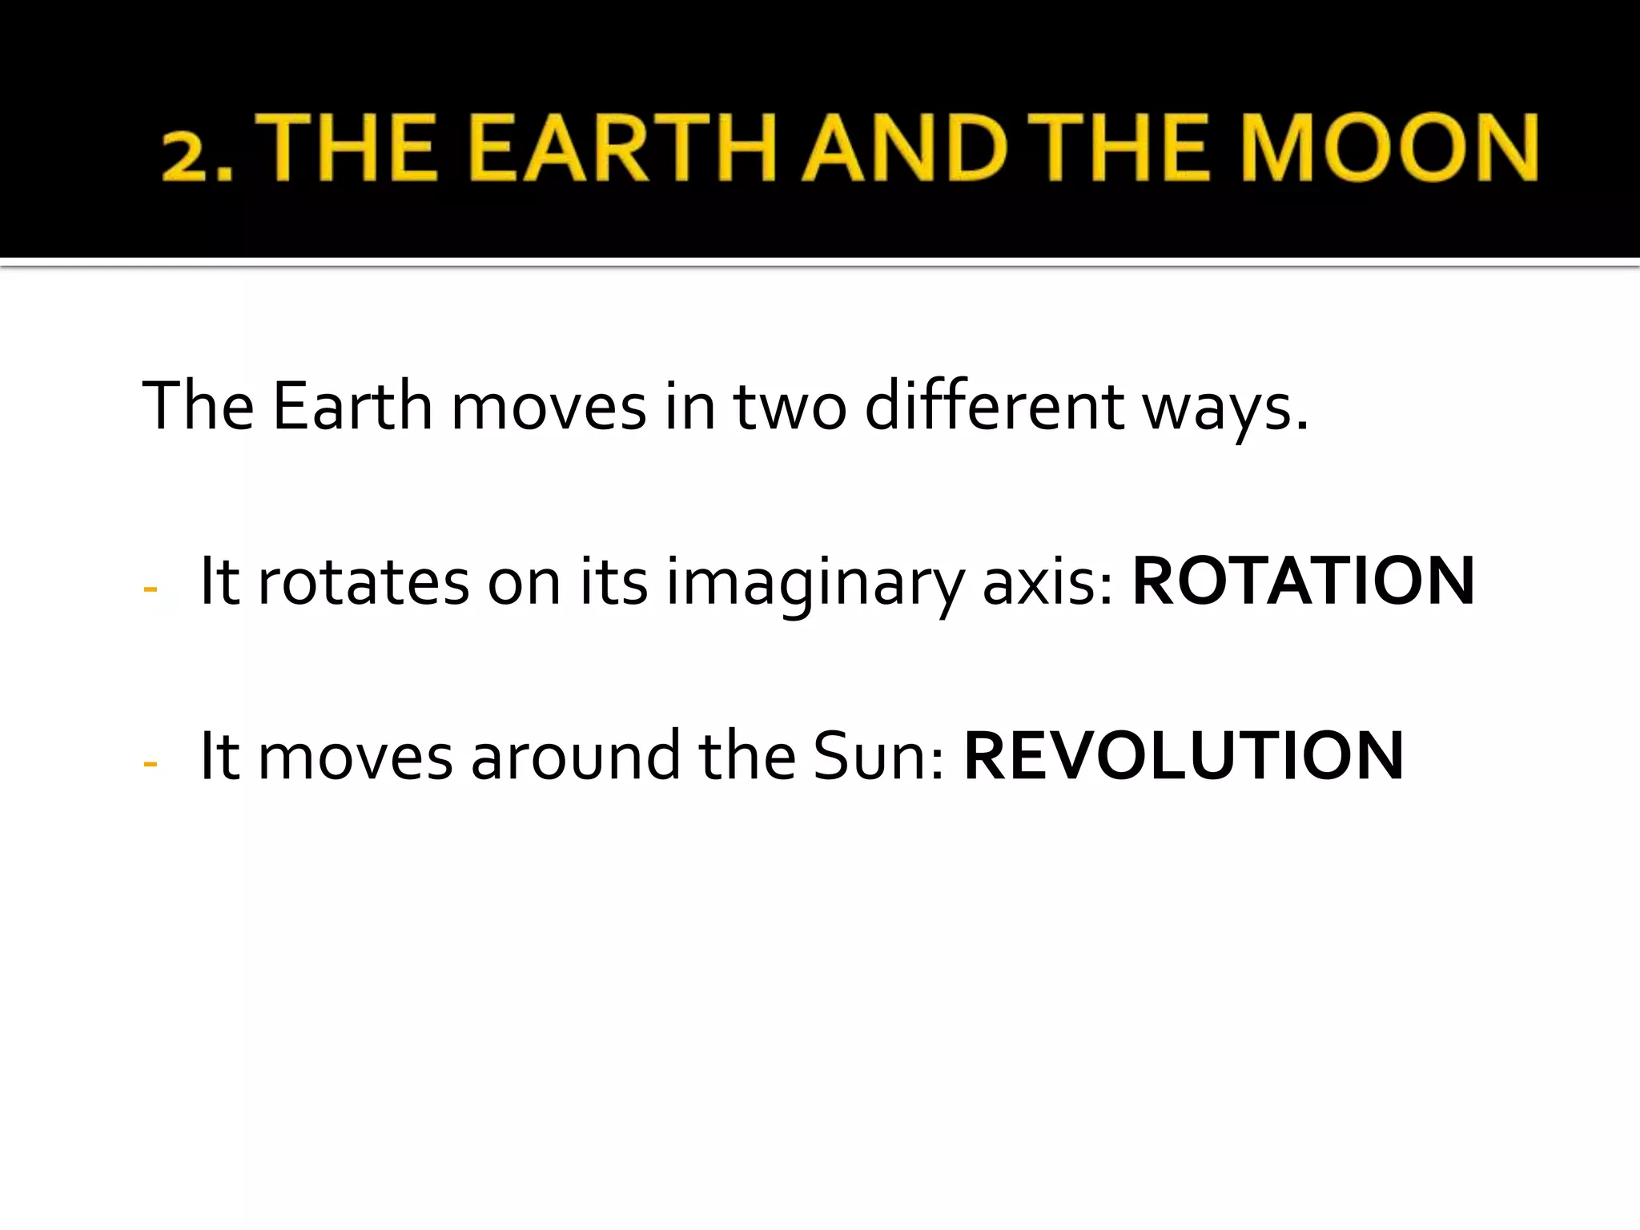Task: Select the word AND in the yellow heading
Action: point(904,148)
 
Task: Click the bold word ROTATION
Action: point(1303,581)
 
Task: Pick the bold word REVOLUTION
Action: point(1184,756)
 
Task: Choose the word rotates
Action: point(363,583)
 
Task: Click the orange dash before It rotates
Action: point(150,589)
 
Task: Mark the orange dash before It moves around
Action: point(150,764)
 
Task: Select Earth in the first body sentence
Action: point(352,406)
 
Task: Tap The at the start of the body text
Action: point(198,406)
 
